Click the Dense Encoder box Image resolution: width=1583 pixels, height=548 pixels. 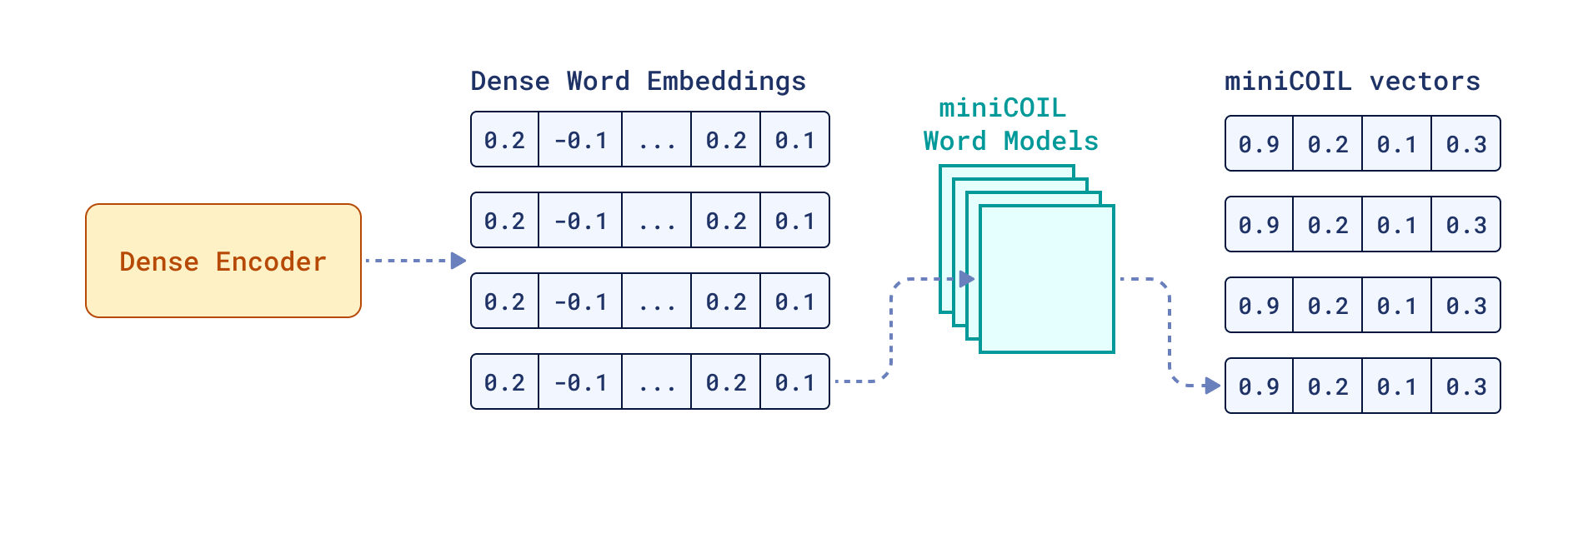coord(223,261)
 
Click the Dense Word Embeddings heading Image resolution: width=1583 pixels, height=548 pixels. coord(638,81)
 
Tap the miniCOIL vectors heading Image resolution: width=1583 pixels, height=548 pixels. coord(1352,81)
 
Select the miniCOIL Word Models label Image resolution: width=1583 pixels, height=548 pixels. coord(1010,125)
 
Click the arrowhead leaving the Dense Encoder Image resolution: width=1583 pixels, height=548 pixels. coord(458,261)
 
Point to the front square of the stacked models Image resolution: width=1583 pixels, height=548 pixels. coord(1047,279)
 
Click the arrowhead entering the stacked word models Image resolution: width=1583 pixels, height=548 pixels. coord(967,279)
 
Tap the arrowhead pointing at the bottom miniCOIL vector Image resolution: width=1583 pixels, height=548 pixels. coord(1212,386)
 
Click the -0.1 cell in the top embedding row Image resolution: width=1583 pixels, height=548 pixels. coord(580,140)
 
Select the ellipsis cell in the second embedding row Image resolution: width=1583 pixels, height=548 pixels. coord(657,221)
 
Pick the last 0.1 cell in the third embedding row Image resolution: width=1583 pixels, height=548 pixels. coord(794,301)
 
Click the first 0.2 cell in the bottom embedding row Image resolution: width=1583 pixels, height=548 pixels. coord(505,382)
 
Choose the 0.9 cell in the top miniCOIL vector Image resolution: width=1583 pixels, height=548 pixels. coord(1259,144)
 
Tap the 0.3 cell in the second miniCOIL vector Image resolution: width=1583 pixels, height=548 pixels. coord(1466,225)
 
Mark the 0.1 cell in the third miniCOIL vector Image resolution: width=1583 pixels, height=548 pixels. coord(1397,306)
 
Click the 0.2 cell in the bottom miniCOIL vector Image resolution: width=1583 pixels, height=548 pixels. coord(1328,386)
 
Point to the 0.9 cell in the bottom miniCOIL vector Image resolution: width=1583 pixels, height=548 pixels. coord(1259,386)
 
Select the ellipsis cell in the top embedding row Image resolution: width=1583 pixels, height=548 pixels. coord(657,140)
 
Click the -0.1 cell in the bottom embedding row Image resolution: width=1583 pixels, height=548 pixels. coord(580,382)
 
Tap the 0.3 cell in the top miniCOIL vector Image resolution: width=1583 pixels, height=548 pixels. coord(1466,144)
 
